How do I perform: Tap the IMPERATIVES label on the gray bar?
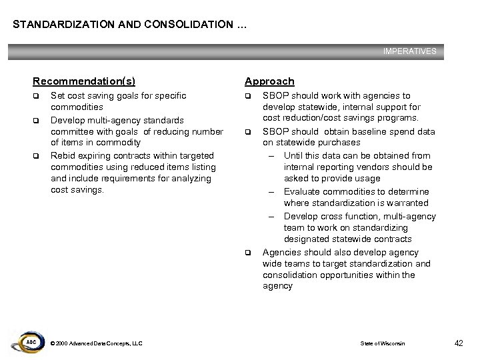tap(409, 51)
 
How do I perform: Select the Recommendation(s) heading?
tap(84, 81)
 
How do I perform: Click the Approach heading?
tap(269, 81)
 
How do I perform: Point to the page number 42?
tap(458, 343)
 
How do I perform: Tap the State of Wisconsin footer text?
tap(383, 343)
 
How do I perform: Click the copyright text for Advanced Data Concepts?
tap(96, 343)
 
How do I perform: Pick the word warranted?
tap(407, 203)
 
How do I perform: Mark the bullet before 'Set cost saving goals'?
tap(37, 96)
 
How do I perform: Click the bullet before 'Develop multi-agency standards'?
tap(37, 120)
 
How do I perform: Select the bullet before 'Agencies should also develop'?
tap(248, 253)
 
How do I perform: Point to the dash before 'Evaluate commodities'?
tap(273, 192)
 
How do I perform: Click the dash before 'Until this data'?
tap(273, 156)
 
